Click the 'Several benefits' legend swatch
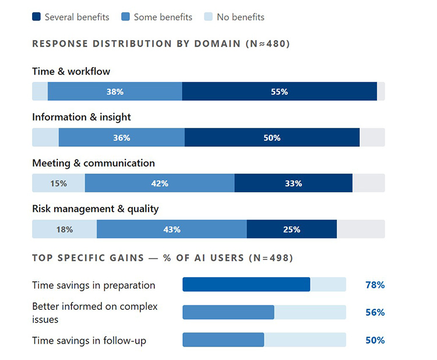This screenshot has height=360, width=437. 36,17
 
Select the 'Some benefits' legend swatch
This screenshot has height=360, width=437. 126,17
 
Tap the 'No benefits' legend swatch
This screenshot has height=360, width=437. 209,17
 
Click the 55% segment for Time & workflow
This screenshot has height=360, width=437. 279,91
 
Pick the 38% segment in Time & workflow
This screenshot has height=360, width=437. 115,91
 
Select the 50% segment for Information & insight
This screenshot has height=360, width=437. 272,137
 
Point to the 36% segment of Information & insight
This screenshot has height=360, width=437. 121,137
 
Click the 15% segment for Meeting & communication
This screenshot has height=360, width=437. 58,183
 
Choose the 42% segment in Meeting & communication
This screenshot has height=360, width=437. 160,183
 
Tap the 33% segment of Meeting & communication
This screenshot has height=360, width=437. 293,183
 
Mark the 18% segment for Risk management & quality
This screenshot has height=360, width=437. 64,229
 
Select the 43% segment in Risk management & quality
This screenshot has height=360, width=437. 172,229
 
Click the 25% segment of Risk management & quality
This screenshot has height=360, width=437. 291,229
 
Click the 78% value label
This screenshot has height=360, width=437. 375,285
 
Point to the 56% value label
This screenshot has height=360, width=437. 375,312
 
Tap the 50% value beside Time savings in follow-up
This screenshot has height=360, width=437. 375,340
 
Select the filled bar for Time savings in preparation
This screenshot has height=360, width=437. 246,284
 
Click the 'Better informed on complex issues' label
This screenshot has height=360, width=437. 95,313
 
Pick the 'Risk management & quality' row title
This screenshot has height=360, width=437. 95,209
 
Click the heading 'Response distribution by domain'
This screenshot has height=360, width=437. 160,44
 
